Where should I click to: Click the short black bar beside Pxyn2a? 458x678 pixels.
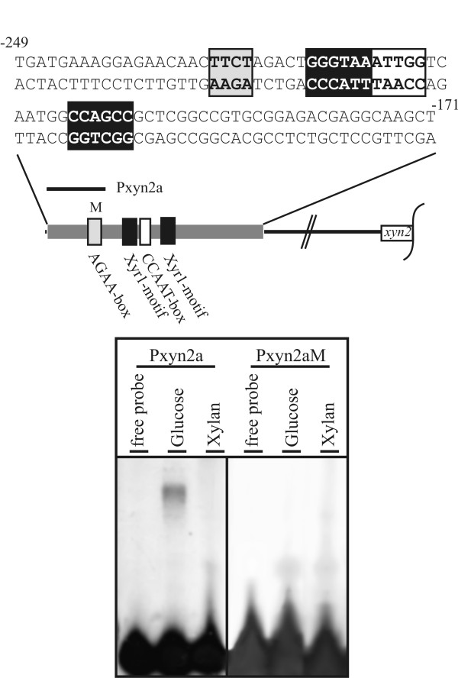pyautogui.click(x=76, y=186)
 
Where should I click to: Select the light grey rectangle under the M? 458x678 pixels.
pyautogui.click(x=95, y=230)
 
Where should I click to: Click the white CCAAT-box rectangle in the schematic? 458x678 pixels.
pyautogui.click(x=145, y=230)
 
